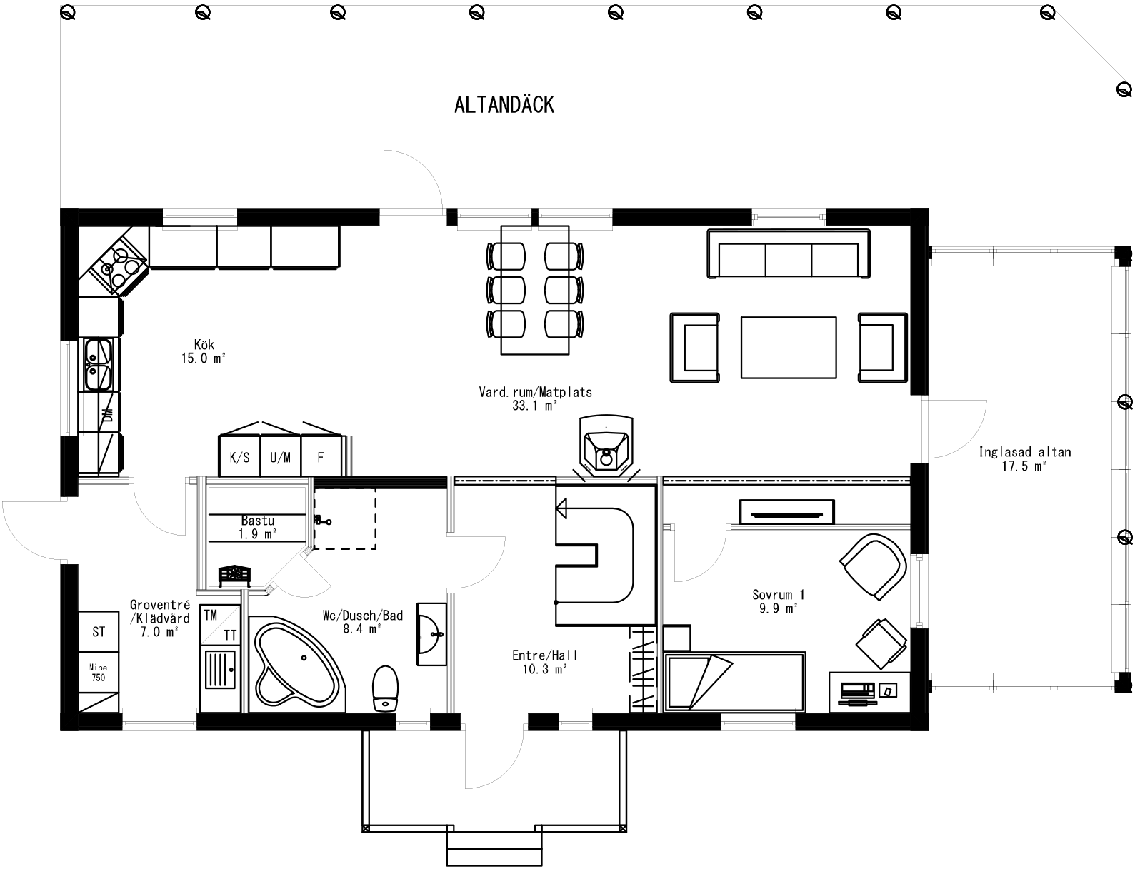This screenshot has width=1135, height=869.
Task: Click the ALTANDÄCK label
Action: (504, 105)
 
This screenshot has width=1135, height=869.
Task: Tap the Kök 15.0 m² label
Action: (203, 352)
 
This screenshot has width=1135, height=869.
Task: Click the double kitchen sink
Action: (98, 365)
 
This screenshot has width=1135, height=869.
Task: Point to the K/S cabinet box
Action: (239, 457)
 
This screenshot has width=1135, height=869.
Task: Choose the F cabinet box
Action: (321, 457)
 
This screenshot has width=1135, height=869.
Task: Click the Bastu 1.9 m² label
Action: (257, 527)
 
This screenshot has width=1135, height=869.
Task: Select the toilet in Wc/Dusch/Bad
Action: (385, 687)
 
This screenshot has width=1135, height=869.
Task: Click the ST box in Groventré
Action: (99, 632)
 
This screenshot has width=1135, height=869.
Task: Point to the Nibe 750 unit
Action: (99, 673)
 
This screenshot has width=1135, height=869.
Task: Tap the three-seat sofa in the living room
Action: (788, 255)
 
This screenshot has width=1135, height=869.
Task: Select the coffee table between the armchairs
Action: (789, 348)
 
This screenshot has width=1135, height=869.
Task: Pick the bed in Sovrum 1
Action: (736, 680)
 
